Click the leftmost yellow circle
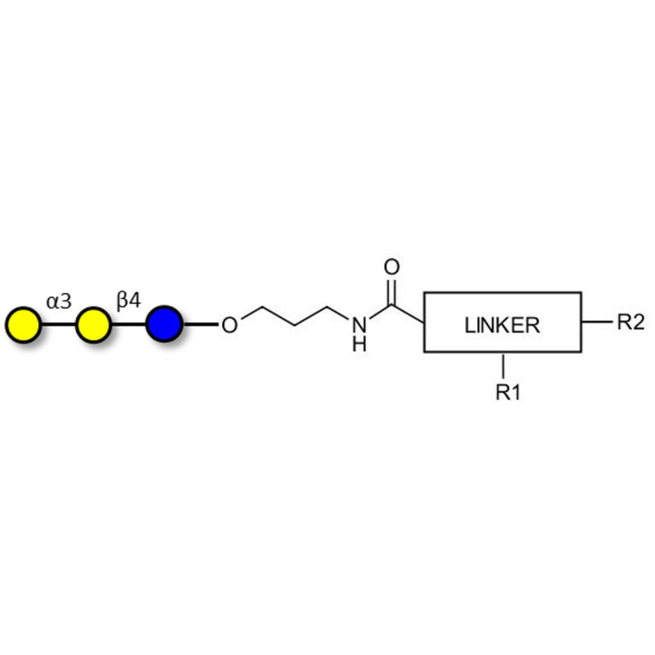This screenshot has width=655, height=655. point(24,324)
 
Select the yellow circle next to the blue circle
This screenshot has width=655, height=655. point(93,324)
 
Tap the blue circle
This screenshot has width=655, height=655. point(165,323)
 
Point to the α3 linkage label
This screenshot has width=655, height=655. point(59,301)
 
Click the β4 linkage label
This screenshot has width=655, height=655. point(129,300)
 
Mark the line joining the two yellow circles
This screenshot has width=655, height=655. point(58,324)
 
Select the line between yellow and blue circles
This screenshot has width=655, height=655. point(129,324)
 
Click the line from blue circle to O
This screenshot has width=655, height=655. point(201,323)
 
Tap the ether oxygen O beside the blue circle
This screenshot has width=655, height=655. point(229,324)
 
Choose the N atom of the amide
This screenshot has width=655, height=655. point(359,324)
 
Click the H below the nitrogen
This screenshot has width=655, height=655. point(359,344)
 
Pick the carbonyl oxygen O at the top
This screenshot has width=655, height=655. point(391,267)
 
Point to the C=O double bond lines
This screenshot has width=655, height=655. point(391,291)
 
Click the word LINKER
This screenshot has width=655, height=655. point(502,325)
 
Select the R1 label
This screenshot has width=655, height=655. point(508,392)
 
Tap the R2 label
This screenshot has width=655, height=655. point(630,322)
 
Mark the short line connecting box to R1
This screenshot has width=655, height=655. point(504,366)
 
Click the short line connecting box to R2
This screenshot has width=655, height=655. point(596,322)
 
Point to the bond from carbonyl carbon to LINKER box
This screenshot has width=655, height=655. point(408,314)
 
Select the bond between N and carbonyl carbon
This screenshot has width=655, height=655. point(380,312)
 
